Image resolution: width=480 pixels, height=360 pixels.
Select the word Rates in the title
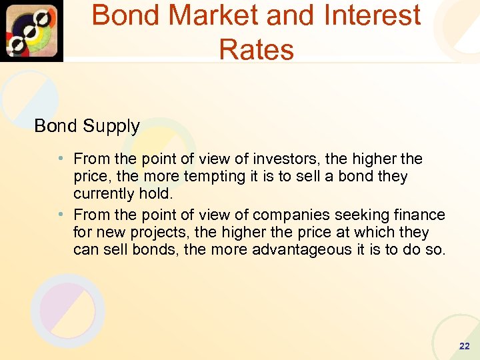pos(256,49)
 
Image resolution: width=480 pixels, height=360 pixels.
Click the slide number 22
pos(464,346)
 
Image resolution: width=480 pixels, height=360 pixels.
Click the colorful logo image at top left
pos(31,31)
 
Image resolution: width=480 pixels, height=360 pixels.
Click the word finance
pos(419,215)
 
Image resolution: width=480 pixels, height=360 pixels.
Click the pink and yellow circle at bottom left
pos(67,310)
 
